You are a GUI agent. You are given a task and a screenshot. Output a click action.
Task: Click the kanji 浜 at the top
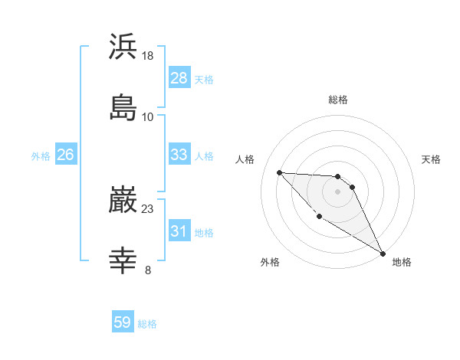(123, 47)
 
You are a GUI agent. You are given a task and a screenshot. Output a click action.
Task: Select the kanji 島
(123, 108)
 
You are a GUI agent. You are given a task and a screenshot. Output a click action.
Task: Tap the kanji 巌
(123, 201)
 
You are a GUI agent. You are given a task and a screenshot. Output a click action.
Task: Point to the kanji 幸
(123, 261)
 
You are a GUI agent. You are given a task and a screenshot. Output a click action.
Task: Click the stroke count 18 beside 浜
(148, 56)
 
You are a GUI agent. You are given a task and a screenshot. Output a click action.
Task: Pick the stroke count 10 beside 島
(148, 116)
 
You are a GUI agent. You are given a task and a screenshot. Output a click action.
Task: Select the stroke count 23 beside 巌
(148, 208)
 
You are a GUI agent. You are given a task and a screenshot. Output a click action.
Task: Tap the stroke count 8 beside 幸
(148, 270)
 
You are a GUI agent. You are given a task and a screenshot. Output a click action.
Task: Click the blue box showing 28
(179, 78)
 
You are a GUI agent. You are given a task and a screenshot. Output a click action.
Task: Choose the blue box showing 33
(179, 155)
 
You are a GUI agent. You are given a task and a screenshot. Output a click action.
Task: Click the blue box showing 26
(65, 155)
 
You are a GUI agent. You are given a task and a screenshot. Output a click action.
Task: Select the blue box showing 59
(122, 322)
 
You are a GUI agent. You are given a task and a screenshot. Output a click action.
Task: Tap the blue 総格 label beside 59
(147, 324)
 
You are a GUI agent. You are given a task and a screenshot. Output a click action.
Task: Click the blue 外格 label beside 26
(41, 156)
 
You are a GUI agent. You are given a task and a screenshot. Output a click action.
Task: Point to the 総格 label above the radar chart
(338, 100)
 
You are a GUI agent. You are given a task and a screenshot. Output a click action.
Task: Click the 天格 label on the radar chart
(431, 159)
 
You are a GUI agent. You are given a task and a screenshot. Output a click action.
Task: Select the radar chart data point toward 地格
(383, 253)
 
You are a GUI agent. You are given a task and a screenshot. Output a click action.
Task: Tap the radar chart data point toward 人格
(280, 172)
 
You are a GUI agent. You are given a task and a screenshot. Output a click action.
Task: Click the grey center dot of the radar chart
(337, 191)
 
